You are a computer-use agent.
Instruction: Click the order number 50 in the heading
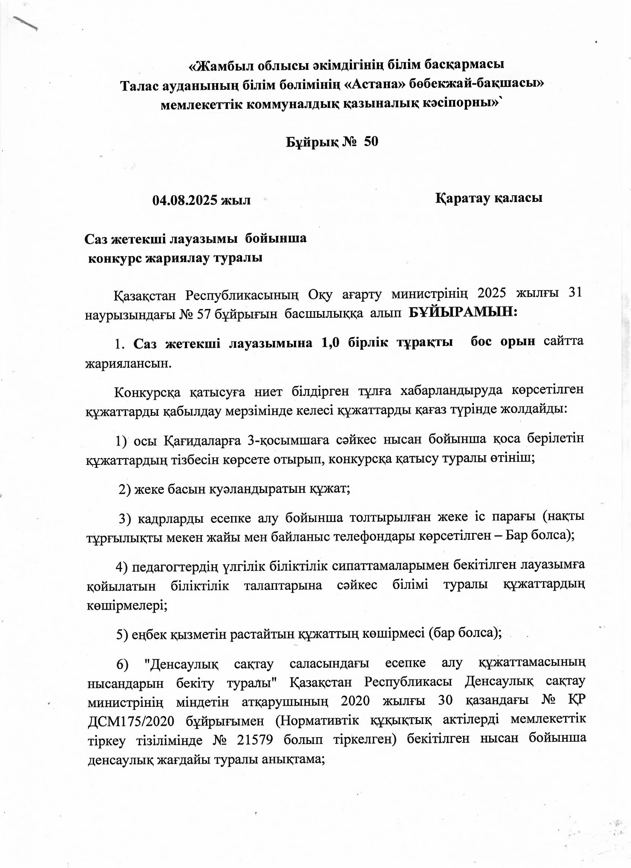point(371,142)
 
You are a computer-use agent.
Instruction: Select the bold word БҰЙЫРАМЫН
point(462,313)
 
